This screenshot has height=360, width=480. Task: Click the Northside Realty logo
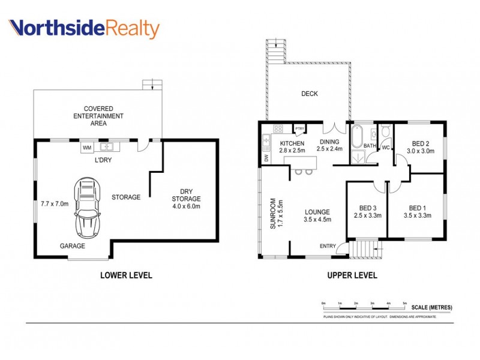coord(84,28)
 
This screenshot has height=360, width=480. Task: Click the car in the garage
coord(88,208)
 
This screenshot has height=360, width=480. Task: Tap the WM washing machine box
coord(86,146)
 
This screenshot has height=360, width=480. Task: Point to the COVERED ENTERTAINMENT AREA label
coord(99,116)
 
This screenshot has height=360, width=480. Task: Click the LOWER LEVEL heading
coord(125,275)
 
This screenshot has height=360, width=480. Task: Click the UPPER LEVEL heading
coord(352,275)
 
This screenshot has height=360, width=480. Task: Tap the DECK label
coord(310,94)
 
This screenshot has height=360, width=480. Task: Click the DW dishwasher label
coord(266,158)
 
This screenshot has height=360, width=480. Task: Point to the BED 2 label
coord(420,143)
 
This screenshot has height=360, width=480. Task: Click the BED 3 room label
coord(368,206)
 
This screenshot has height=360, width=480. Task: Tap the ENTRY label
coord(328,245)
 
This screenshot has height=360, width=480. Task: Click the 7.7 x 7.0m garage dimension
coord(54,204)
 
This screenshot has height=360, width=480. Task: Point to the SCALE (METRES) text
coord(432,308)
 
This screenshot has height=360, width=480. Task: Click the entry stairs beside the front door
coord(361,247)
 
